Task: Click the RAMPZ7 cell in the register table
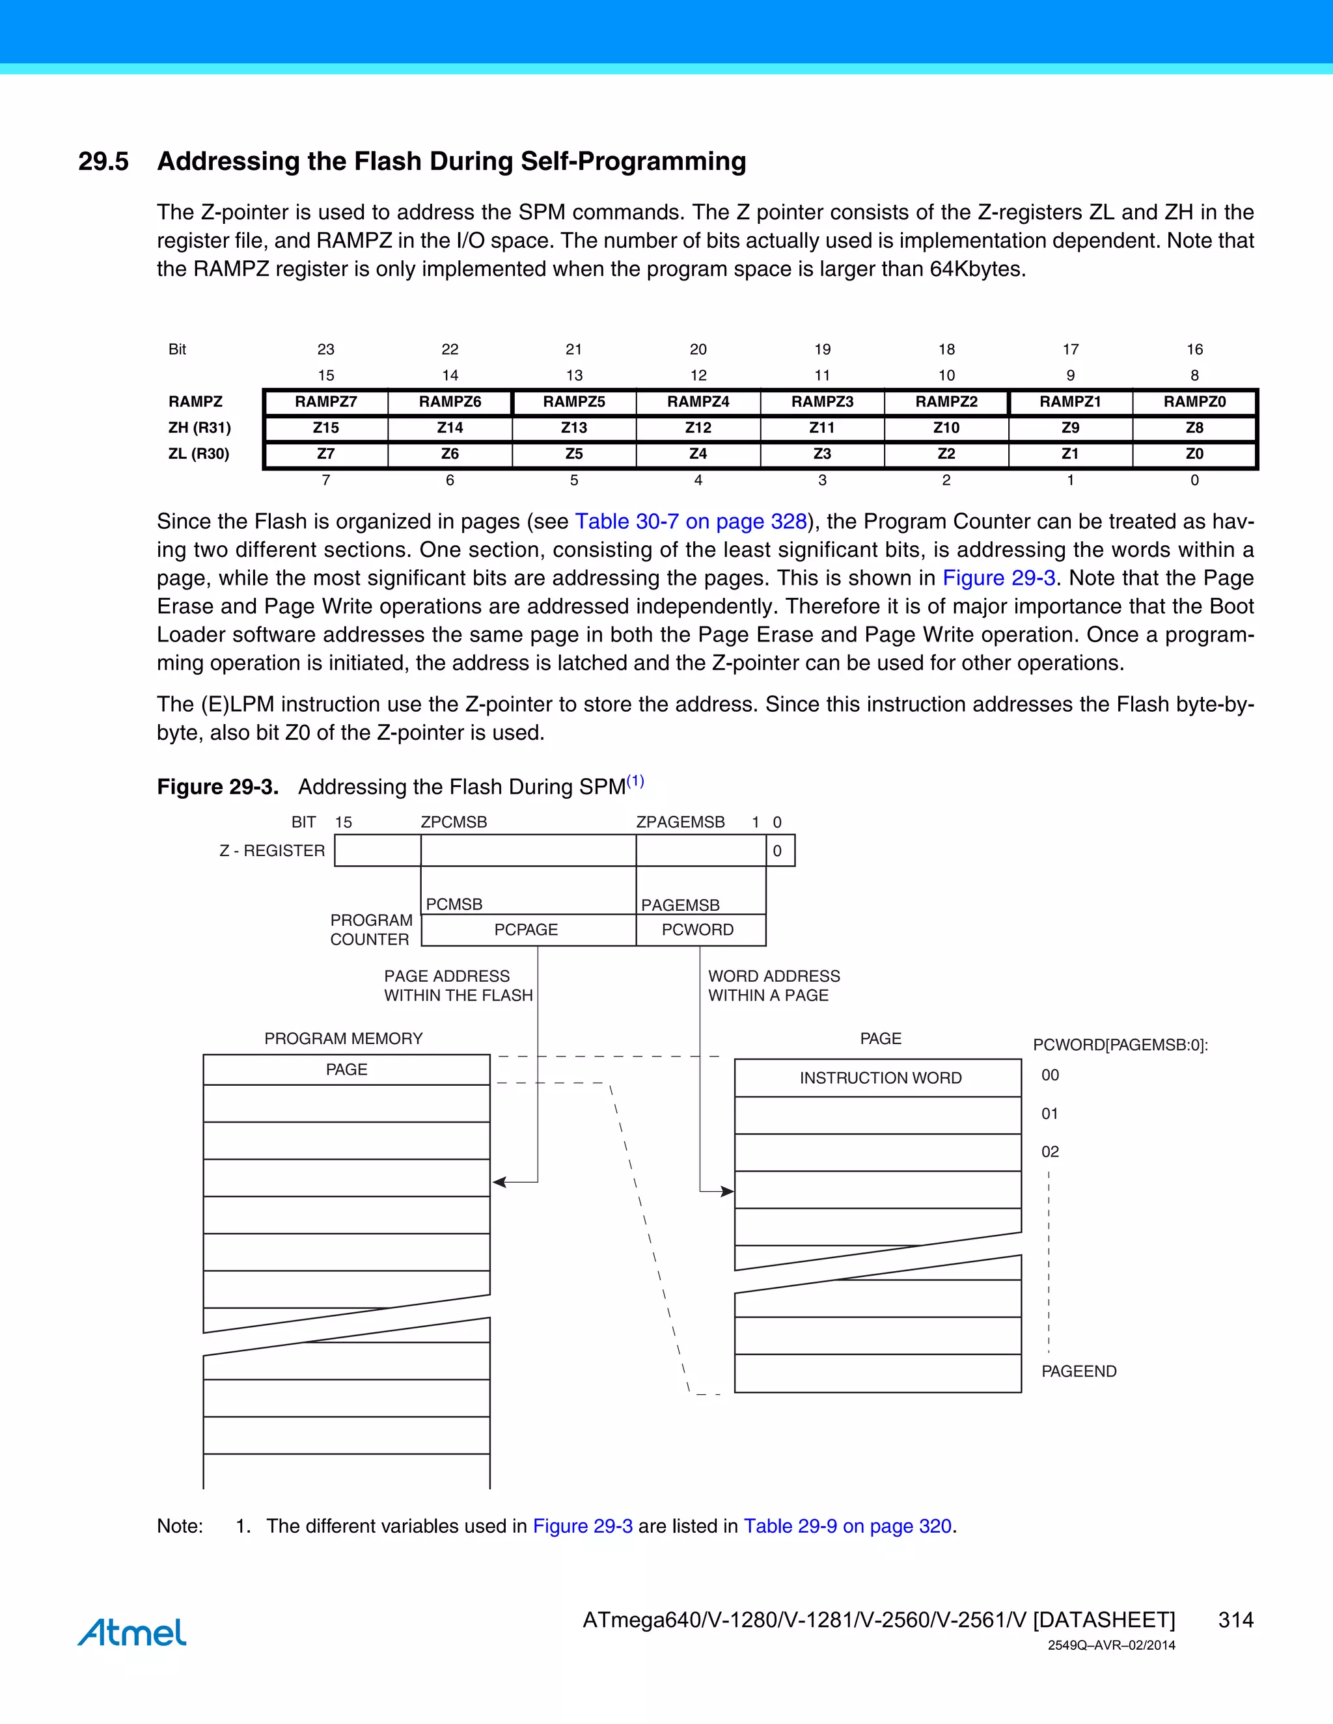[x=325, y=402]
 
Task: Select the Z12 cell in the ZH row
[x=698, y=428]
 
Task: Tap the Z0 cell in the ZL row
[x=1194, y=454]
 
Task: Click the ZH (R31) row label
[x=199, y=428]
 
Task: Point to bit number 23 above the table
[x=325, y=349]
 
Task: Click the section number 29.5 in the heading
[x=103, y=162]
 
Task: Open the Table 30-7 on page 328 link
[x=690, y=522]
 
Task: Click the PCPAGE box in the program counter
[x=526, y=930]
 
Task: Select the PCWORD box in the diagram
[x=698, y=930]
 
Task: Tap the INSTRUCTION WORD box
[x=880, y=1078]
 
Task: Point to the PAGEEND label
[x=1079, y=1371]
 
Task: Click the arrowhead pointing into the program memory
[x=499, y=1181]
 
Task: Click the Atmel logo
[x=132, y=1632]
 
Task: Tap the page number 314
[x=1236, y=1620]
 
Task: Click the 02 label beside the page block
[x=1049, y=1152]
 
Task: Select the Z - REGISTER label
[x=271, y=851]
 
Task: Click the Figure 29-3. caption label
[x=218, y=787]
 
